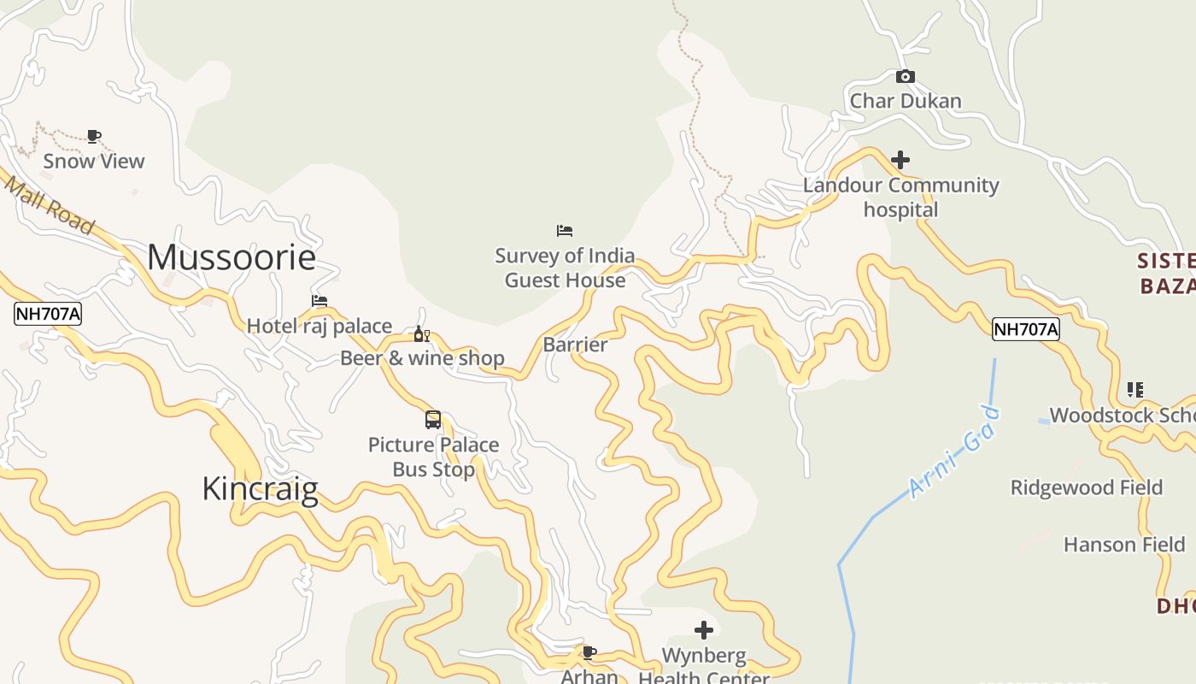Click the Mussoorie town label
click(232, 257)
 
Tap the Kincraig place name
click(260, 488)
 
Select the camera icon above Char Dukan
click(906, 77)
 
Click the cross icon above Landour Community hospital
click(900, 160)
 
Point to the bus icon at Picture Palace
click(433, 420)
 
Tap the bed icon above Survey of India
click(565, 231)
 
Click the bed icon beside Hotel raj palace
click(320, 301)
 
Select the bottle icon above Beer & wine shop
click(421, 334)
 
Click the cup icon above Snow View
click(94, 136)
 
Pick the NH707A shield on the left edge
click(48, 315)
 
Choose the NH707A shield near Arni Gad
click(1025, 329)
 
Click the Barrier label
click(575, 345)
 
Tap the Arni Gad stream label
click(954, 453)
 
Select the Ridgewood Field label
click(1087, 487)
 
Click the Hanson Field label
click(1123, 545)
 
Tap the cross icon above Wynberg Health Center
click(704, 631)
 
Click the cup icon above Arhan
click(589, 653)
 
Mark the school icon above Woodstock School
click(1134, 390)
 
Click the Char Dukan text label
click(906, 101)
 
